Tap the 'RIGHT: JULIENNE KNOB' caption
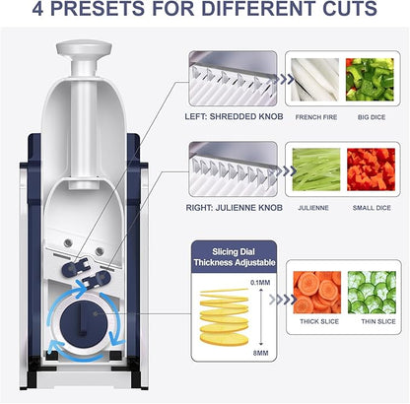(232, 209)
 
